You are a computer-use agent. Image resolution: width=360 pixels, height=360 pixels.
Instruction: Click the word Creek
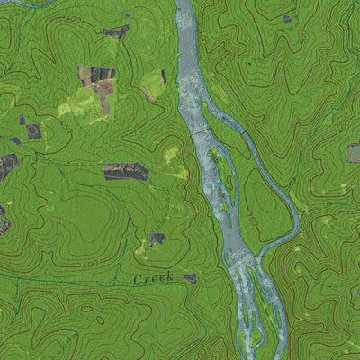click(152, 281)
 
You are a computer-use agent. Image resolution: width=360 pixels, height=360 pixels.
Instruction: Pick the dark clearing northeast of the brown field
click(116, 32)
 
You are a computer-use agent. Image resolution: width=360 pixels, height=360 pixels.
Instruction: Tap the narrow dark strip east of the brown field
click(163, 76)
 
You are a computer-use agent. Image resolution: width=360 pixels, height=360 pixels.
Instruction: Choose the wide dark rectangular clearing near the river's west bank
click(125, 171)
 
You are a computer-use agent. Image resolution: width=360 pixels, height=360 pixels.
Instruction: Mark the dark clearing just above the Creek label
click(157, 239)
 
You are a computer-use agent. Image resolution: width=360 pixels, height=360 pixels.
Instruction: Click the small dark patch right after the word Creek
click(190, 278)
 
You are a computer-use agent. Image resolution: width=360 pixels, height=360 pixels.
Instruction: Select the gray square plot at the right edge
click(354, 153)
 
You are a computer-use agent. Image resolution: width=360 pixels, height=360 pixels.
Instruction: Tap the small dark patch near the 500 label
click(287, 19)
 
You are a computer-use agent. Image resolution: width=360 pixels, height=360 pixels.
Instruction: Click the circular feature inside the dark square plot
click(34, 131)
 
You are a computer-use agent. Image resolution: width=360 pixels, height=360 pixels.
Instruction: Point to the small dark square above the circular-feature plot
click(22, 119)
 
